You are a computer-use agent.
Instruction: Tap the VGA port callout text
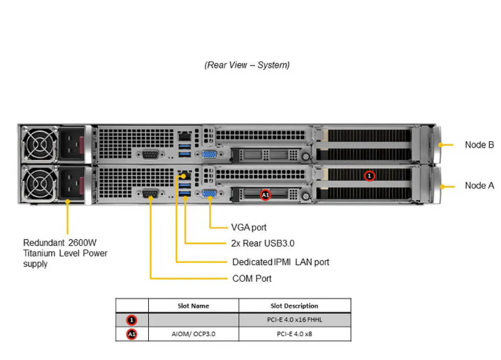248,227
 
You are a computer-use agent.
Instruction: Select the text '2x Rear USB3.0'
263,244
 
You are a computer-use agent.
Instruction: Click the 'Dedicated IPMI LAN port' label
280,261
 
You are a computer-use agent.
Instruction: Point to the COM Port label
252,278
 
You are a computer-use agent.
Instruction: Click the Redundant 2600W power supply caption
65,253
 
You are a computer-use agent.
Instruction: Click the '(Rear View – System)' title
247,65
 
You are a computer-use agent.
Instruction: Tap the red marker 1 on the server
370,176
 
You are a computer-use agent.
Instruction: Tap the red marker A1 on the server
266,196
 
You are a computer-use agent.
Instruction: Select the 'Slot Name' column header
193,305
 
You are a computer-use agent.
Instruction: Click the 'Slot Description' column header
294,305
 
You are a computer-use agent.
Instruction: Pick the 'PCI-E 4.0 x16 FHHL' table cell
294,319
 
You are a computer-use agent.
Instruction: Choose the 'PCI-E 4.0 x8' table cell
294,334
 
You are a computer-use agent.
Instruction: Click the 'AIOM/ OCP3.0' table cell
193,334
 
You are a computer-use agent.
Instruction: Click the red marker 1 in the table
132,319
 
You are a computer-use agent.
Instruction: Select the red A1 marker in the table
132,334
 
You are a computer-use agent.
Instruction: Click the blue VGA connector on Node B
208,157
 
